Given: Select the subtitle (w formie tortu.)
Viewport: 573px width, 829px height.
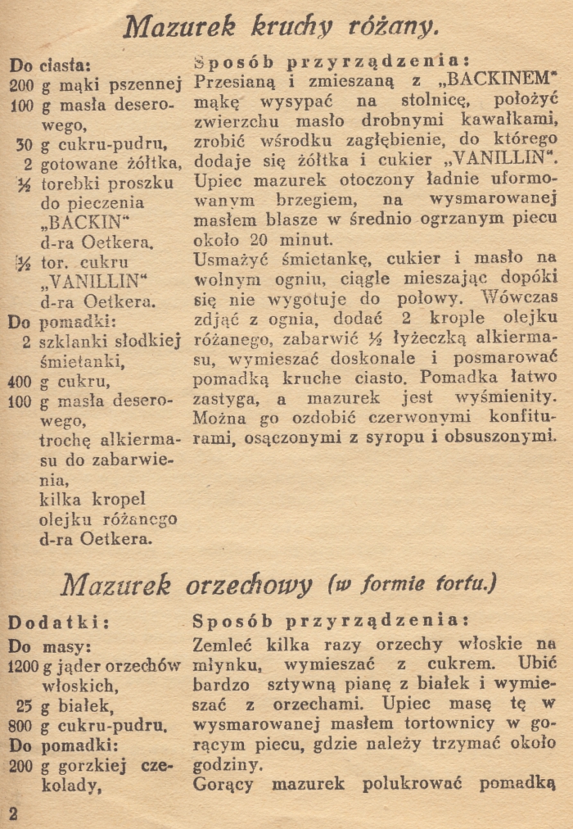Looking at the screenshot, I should point(412,585).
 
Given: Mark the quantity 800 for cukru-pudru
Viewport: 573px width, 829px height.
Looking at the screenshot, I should point(23,724).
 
